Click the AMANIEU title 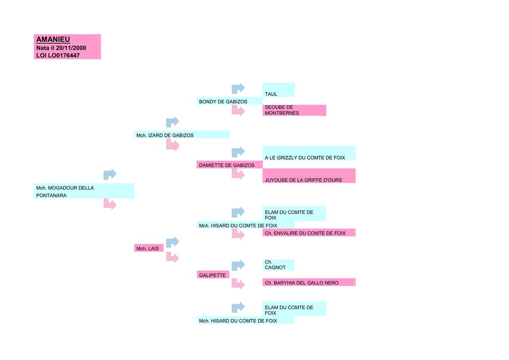coord(53,39)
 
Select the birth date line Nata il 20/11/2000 coord(61,48)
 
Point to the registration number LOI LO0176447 coord(58,55)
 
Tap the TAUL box coord(278,90)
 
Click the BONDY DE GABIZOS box coord(229,101)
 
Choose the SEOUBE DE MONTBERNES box coord(294,110)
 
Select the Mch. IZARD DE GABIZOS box coord(182,135)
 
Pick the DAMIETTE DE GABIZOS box coord(229,165)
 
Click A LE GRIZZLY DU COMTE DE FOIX coord(309,154)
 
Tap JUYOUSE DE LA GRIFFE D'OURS coord(309,176)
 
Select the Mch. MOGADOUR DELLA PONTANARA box coord(84,191)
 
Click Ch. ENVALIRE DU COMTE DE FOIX coord(309,233)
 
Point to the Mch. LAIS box coord(149,248)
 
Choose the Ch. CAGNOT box coord(278,265)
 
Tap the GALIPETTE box coord(213,275)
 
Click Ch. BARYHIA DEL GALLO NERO coord(309,282)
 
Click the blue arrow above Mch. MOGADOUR coord(109,174)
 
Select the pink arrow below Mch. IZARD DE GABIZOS coord(172,145)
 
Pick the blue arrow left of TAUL coord(238,89)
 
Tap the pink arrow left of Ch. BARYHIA coord(238,284)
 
